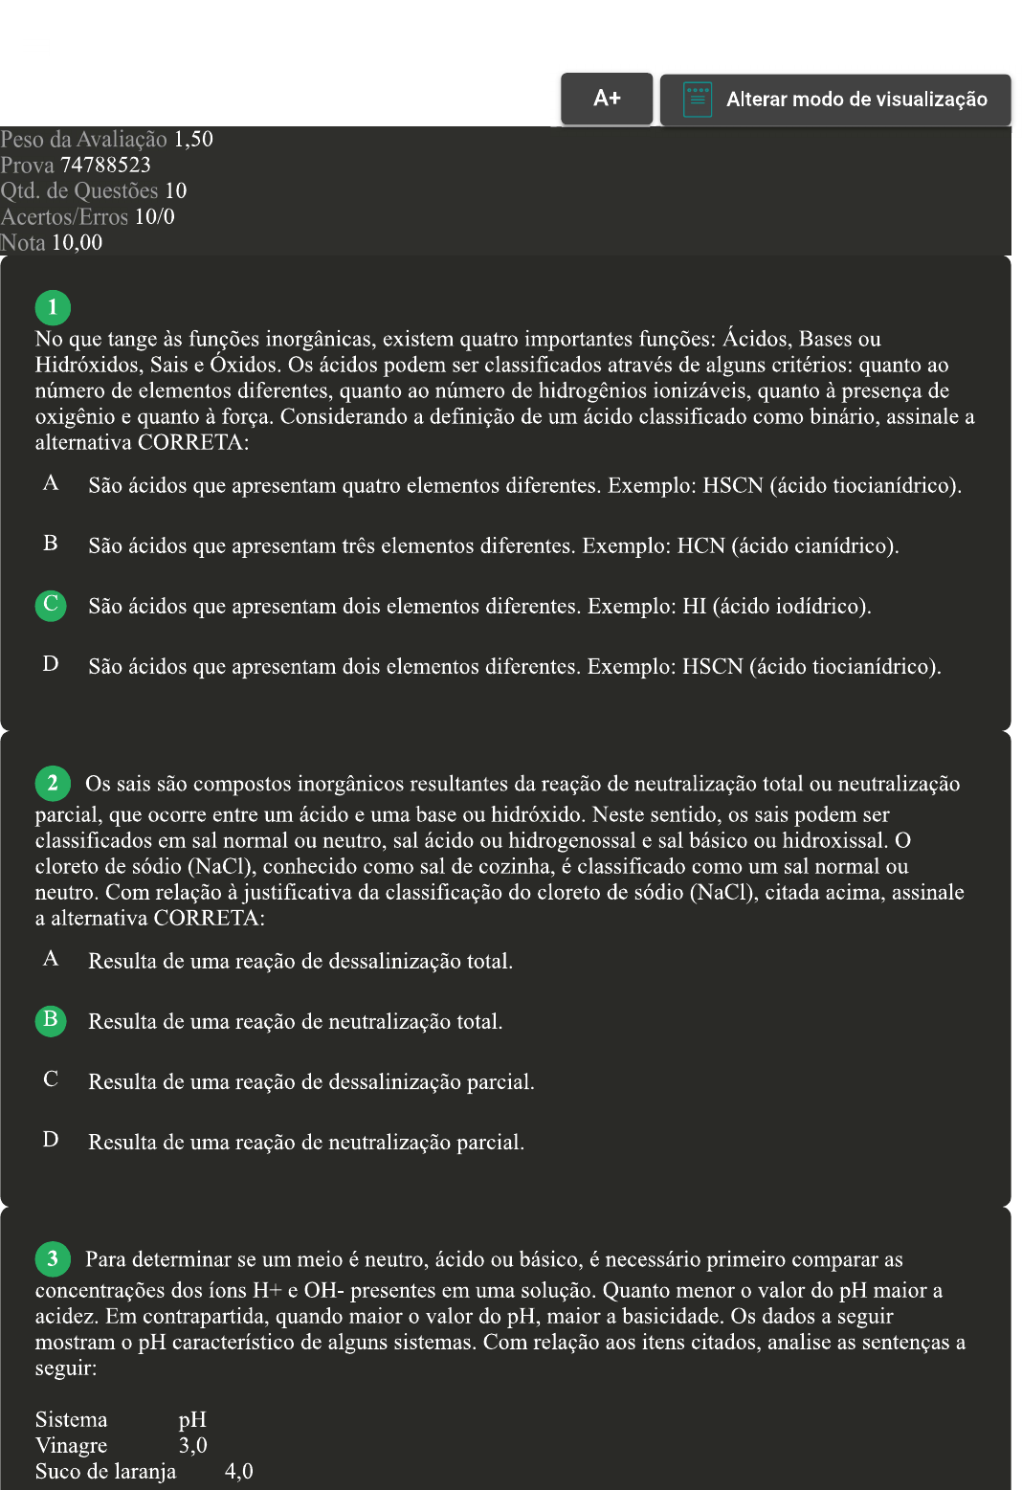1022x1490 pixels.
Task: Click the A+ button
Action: pyautogui.click(x=607, y=99)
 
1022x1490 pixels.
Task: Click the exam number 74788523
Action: pyautogui.click(x=105, y=166)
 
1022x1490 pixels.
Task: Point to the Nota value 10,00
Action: pyautogui.click(x=77, y=243)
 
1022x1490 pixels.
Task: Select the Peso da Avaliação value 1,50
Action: pyautogui.click(x=193, y=140)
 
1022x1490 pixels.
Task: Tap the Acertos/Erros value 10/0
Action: pyautogui.click(x=155, y=217)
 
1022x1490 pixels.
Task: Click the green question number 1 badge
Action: pyautogui.click(x=53, y=307)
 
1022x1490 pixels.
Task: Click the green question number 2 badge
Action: pyautogui.click(x=53, y=783)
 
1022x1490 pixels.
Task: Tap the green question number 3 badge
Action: pyautogui.click(x=53, y=1258)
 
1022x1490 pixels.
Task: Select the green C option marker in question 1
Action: pyautogui.click(x=51, y=605)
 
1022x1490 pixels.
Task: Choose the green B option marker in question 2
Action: pyautogui.click(x=51, y=1020)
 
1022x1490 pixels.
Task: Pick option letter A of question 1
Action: pyautogui.click(x=51, y=483)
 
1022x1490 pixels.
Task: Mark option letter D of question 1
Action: pyautogui.click(x=51, y=664)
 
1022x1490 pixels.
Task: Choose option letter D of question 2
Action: pyautogui.click(x=51, y=1140)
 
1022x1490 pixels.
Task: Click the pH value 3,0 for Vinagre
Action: pyautogui.click(x=192, y=1446)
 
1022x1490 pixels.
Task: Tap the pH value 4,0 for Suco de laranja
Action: pyautogui.click(x=238, y=1472)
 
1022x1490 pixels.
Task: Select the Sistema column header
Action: pyautogui.click(x=71, y=1420)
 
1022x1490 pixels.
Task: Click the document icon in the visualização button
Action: pyautogui.click(x=698, y=99)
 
